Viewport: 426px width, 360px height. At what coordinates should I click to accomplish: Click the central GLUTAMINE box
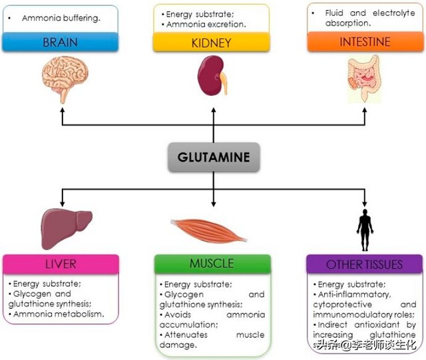(x=214, y=158)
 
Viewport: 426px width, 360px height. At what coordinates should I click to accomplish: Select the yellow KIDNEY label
(x=211, y=43)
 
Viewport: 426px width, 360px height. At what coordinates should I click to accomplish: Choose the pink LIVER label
(x=61, y=264)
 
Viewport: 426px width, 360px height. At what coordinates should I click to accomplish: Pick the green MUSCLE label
(x=212, y=264)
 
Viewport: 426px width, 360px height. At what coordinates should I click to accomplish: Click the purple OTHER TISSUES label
(x=364, y=264)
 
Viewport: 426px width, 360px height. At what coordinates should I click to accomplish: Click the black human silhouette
(x=365, y=227)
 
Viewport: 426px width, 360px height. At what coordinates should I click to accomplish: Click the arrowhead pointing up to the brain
(x=62, y=112)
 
